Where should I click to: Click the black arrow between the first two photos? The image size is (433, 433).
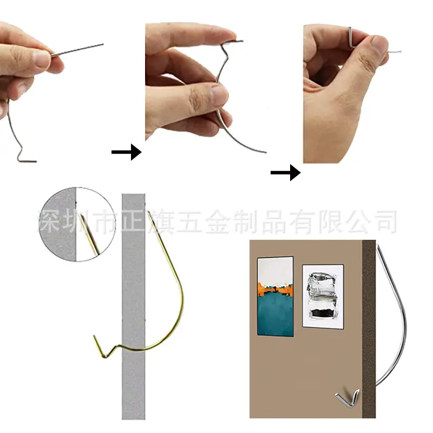127,152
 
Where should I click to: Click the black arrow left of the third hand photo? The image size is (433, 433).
286,173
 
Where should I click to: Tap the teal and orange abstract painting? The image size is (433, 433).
275,296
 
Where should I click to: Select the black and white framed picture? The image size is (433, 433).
323,297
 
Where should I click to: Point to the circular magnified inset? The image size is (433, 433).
77,224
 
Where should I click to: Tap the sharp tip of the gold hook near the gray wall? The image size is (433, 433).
148,212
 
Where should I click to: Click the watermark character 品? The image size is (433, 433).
273,221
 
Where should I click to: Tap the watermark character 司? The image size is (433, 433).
385,221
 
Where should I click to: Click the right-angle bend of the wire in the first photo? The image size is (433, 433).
18,160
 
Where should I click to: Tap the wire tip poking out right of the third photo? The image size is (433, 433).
395,51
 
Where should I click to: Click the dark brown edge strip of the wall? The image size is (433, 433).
369,329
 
